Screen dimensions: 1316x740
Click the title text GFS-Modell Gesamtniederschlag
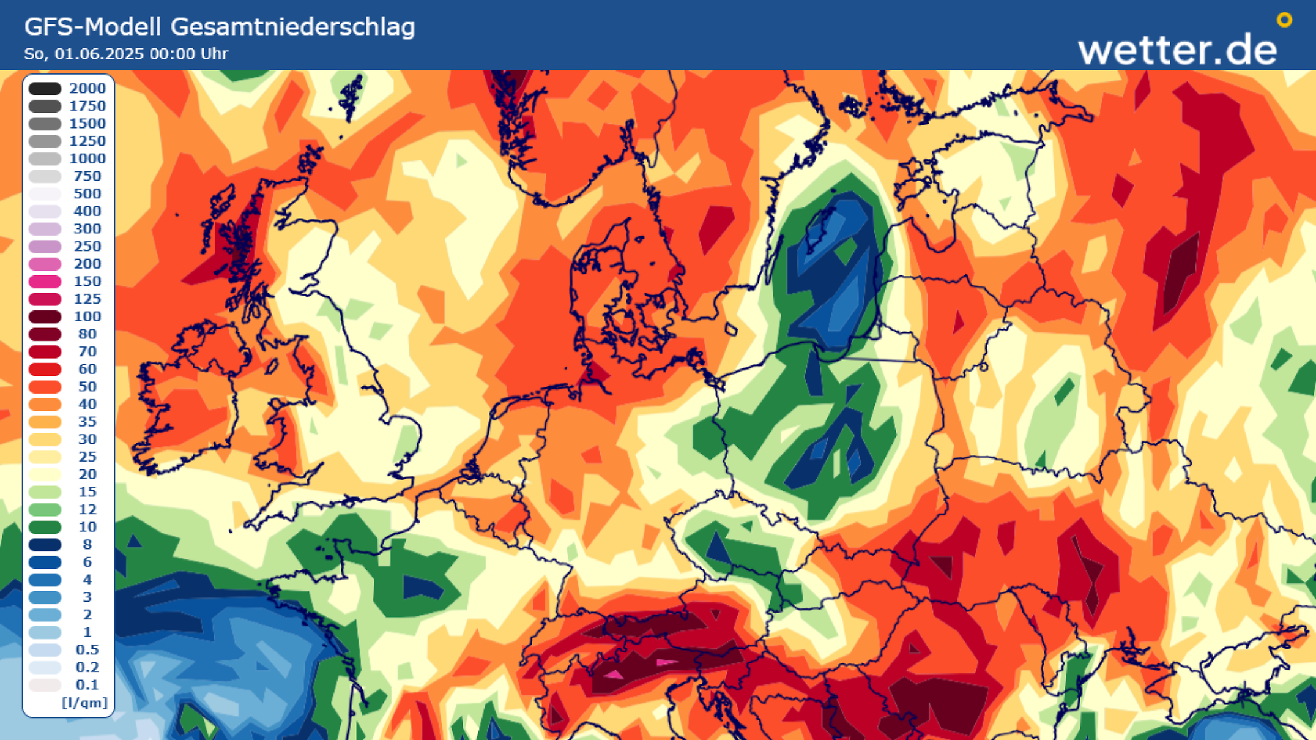pos(219,27)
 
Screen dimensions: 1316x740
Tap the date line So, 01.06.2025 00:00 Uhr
pos(126,54)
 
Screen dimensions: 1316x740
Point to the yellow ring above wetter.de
pos(1284,20)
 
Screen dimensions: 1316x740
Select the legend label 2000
pos(87,89)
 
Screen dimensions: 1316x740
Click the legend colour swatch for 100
pos(45,317)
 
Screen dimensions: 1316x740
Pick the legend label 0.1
pos(87,685)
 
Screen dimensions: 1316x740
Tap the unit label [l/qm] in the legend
pos(84,703)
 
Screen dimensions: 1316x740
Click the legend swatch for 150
pos(45,282)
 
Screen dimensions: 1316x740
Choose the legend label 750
pos(87,176)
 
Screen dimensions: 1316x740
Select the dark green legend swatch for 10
pos(45,527)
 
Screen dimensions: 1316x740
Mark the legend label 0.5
pos(87,650)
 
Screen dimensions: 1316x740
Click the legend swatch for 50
pos(45,387)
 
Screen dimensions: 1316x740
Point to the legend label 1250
pos(87,141)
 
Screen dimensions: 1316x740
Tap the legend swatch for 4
pos(45,580)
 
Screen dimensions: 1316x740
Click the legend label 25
pos(87,457)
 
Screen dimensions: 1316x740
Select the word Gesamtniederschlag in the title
pos(292,27)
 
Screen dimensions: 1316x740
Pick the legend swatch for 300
pos(45,229)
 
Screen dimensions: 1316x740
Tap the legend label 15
pos(87,492)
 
